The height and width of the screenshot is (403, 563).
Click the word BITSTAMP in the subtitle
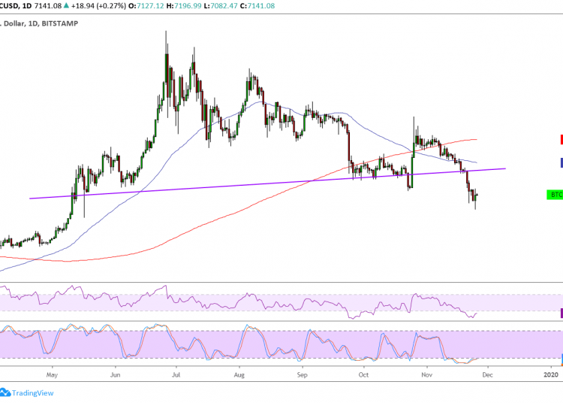coord(57,23)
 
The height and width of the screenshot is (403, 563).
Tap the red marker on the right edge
coord(561,139)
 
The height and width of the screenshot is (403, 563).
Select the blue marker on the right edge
coord(561,162)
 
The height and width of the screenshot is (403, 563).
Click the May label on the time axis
coord(52,373)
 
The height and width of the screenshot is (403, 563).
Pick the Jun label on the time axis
coord(115,373)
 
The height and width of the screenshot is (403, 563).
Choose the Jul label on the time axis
coord(176,373)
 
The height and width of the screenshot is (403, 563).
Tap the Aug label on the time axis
coord(239,373)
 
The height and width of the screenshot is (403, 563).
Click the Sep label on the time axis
coord(302,373)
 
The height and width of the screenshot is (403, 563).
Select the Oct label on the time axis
coord(363,373)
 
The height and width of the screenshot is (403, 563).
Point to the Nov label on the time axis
coord(426,373)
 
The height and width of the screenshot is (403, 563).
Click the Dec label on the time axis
coord(487,373)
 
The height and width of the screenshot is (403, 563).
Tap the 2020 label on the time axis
coord(551,373)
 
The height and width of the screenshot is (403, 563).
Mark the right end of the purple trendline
coord(505,168)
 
